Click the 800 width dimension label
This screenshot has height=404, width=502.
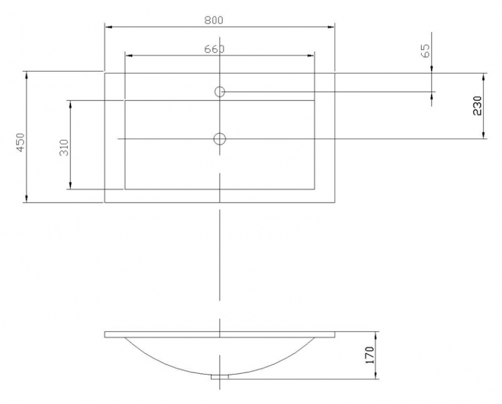coord(214,20)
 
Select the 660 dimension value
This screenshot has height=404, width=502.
coord(214,49)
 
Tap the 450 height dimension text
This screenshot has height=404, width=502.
coord(20,142)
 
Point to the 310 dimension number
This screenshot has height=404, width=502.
coord(64,147)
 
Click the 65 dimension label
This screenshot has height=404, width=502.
coord(426,51)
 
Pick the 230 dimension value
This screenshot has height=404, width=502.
coord(477,106)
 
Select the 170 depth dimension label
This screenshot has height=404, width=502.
coord(369,355)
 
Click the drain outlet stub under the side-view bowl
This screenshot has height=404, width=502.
coord(220,377)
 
